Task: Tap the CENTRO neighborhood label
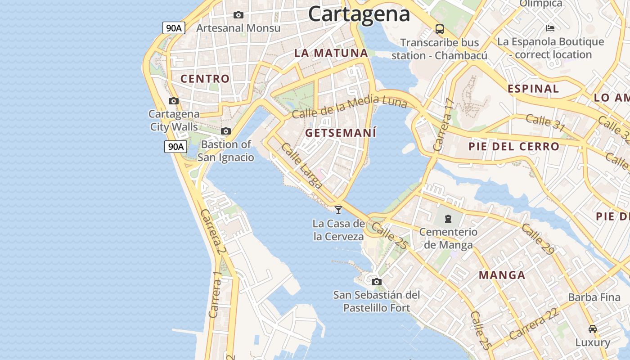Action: tap(205, 79)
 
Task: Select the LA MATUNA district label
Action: tap(331, 53)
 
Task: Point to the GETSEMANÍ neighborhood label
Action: tap(341, 133)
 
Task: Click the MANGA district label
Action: tap(502, 275)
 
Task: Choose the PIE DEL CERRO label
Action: tap(513, 146)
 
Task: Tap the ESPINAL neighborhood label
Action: tap(533, 89)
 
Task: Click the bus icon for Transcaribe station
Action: tap(440, 30)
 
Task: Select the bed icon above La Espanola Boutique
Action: tap(550, 28)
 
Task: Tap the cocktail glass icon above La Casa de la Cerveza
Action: tap(338, 210)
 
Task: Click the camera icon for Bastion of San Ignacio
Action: tap(226, 131)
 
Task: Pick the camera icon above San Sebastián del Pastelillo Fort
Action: tap(377, 282)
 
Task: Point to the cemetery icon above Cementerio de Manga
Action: tap(448, 219)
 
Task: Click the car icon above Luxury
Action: tap(593, 328)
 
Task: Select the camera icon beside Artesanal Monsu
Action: tap(238, 15)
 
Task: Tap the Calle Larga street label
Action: tap(301, 166)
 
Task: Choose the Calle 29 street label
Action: tap(538, 239)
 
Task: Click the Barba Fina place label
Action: tap(594, 297)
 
